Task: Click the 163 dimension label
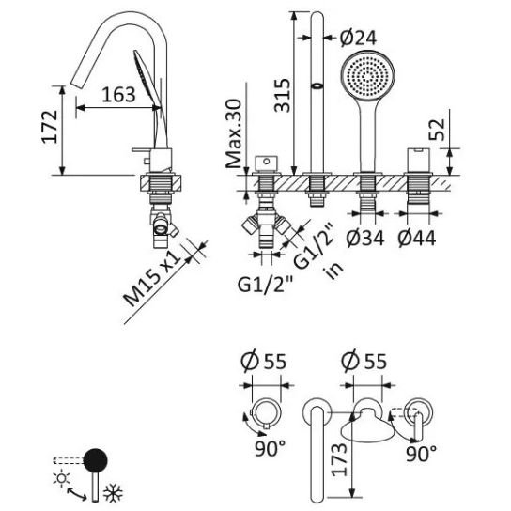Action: [x=118, y=95]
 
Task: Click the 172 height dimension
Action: [x=50, y=128]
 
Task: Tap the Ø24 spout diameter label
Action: [x=358, y=38]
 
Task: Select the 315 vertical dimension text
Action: [x=282, y=96]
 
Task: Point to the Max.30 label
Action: [x=234, y=133]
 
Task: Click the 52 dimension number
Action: [x=437, y=130]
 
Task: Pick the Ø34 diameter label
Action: [x=365, y=238]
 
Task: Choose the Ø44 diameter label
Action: [x=416, y=238]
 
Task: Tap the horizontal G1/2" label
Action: [x=265, y=285]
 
